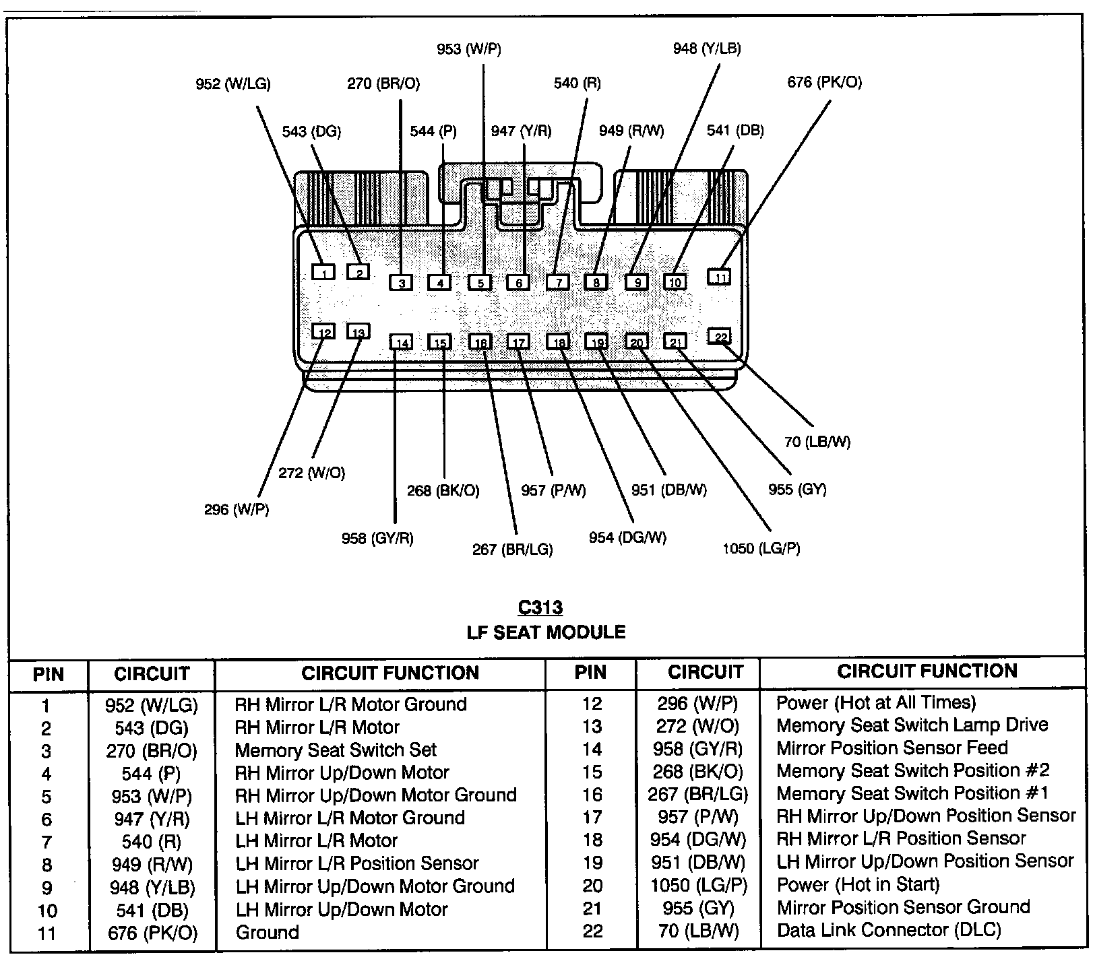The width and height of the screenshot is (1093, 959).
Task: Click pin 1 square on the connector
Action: coord(324,272)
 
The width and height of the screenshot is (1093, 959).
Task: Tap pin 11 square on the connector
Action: coord(720,277)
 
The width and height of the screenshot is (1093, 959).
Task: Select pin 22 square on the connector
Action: coord(720,337)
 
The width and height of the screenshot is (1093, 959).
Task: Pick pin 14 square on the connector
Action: coord(402,343)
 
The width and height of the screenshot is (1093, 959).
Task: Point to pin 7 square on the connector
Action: coord(558,282)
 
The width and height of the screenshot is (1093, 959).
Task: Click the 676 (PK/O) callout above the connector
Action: coord(824,83)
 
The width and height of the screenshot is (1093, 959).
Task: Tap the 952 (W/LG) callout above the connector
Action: coord(233,84)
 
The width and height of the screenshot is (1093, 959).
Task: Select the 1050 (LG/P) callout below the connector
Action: coord(761,548)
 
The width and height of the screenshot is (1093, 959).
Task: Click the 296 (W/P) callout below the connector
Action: coord(237,509)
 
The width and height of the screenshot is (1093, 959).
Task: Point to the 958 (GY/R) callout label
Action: coord(377,538)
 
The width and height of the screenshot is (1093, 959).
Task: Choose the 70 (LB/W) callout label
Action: coord(817,442)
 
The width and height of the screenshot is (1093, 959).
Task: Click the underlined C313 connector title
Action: coord(540,607)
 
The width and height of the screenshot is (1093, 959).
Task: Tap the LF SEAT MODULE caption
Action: coord(546,632)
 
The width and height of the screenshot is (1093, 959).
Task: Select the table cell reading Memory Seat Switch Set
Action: coord(336,750)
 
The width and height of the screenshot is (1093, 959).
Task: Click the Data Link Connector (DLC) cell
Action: coord(889,930)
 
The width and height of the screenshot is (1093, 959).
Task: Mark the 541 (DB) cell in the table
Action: coord(152,910)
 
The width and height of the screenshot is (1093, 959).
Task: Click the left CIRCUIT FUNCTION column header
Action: coord(390,673)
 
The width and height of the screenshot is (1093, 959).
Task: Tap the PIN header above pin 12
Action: coord(590,672)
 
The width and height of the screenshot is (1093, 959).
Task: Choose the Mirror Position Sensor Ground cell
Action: coord(903,907)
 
